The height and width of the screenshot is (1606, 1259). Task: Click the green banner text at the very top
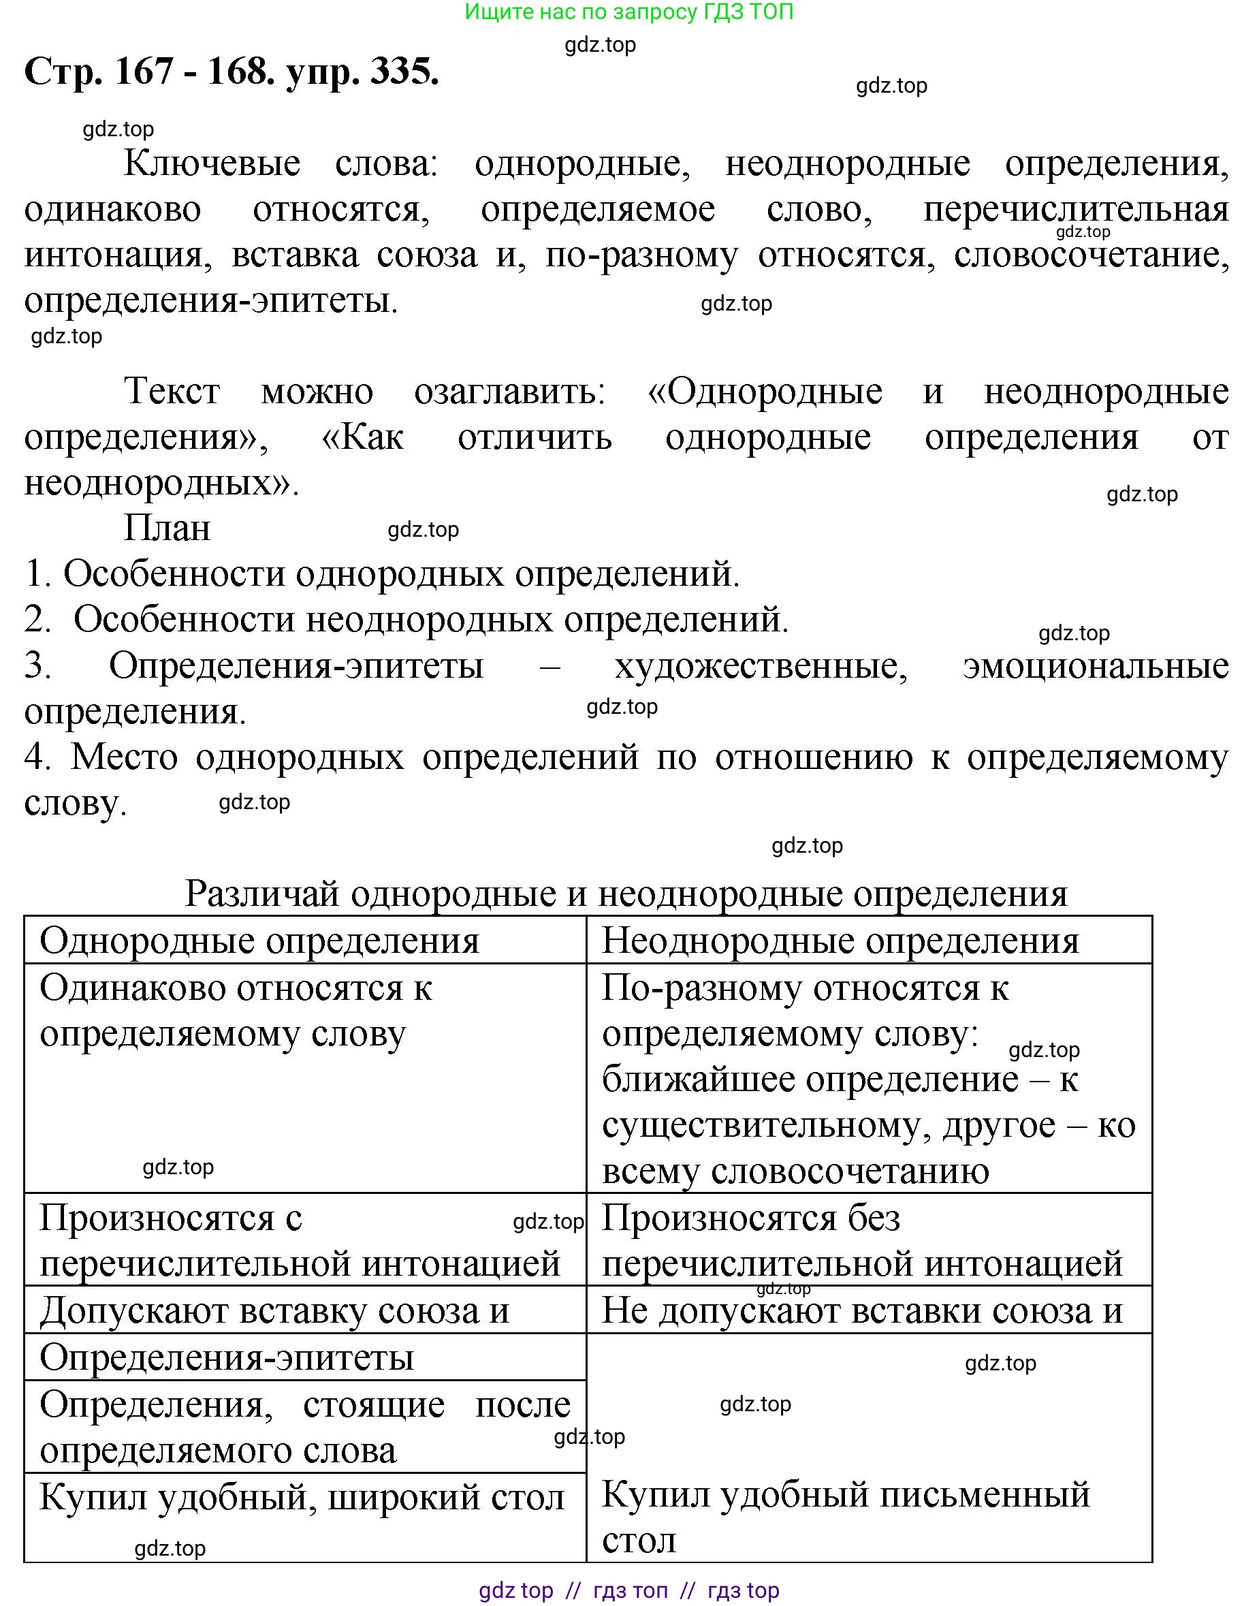pyautogui.click(x=628, y=12)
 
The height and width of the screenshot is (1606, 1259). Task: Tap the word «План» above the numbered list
pyautogui.click(x=168, y=528)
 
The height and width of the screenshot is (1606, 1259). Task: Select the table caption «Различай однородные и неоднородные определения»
pyautogui.click(x=626, y=894)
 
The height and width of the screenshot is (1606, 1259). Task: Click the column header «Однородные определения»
pyautogui.click(x=259, y=941)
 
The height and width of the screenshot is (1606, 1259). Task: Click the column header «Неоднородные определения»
pyautogui.click(x=840, y=941)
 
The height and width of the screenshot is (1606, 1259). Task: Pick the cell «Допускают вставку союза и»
pyautogui.click(x=274, y=1311)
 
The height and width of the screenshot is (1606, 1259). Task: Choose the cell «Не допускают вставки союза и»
pyautogui.click(x=862, y=1311)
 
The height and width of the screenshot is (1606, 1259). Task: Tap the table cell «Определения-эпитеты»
pyautogui.click(x=227, y=1357)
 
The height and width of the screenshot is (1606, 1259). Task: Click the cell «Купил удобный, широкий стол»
pyautogui.click(x=302, y=1498)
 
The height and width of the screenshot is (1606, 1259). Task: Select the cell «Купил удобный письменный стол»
pyautogui.click(x=846, y=1516)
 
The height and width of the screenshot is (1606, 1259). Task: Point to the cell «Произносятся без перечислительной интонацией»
pyautogui.click(x=862, y=1240)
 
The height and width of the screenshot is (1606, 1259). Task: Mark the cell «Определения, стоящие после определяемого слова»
pyautogui.click(x=304, y=1427)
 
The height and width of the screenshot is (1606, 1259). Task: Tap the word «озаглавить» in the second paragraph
pyautogui.click(x=509, y=392)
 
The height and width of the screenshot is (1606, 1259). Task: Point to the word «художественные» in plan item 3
pyautogui.click(x=761, y=666)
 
